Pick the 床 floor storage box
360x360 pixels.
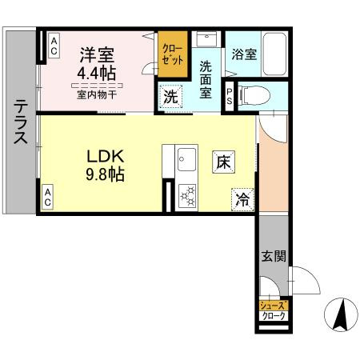coord(224,160)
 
